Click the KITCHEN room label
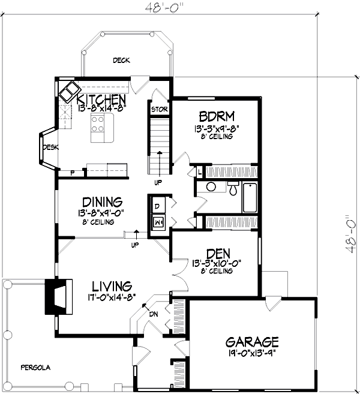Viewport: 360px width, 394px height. point(100,99)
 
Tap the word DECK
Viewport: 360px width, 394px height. point(122,61)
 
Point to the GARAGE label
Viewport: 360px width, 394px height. point(252,342)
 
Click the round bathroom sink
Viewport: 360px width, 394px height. point(211,187)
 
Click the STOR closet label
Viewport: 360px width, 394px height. point(159,109)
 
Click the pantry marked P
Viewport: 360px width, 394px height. point(73,173)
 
